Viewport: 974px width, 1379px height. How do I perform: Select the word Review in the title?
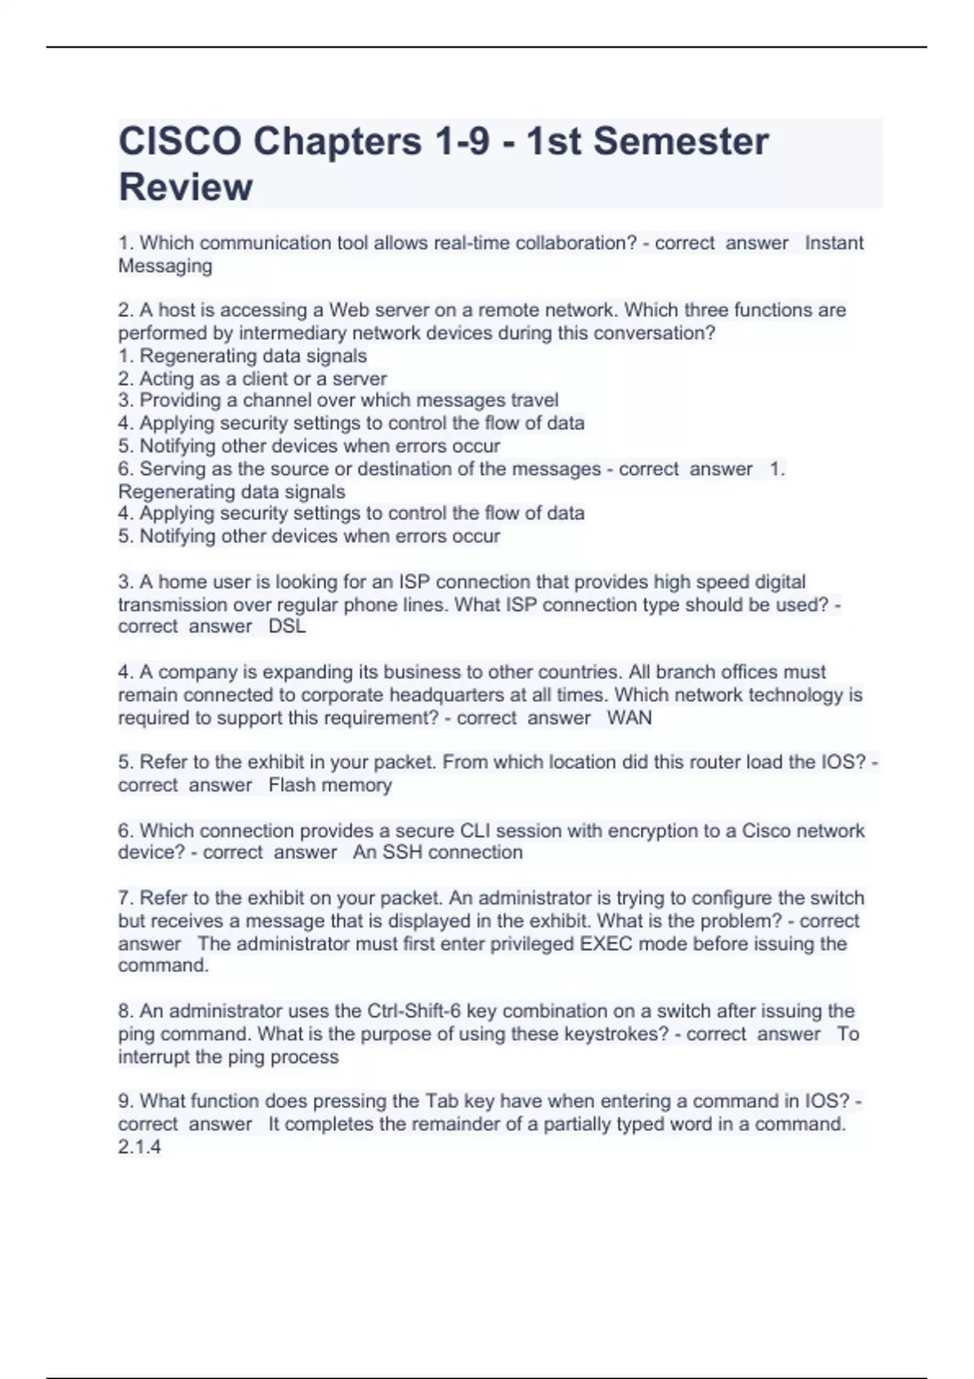[x=186, y=187]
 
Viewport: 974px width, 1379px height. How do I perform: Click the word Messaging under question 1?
[x=166, y=266]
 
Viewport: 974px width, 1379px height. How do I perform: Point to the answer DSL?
[x=287, y=627]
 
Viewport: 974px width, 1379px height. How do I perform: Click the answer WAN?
[x=629, y=718]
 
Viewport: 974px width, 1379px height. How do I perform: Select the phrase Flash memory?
[x=330, y=785]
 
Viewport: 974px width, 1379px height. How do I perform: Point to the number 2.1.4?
[x=140, y=1147]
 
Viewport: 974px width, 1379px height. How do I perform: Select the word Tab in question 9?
[x=440, y=1102]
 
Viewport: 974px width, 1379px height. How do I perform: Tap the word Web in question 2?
[x=349, y=311]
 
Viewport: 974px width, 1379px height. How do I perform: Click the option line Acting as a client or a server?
[x=253, y=379]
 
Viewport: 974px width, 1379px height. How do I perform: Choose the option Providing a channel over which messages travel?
[x=338, y=401]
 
